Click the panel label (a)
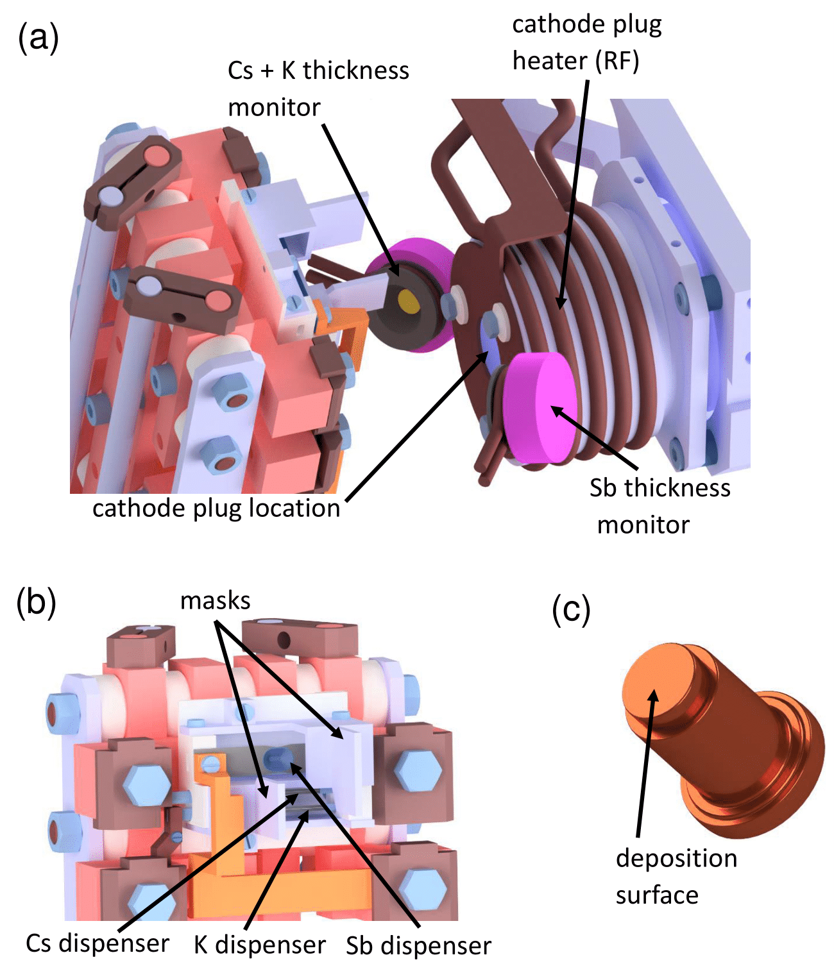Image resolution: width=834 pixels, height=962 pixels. [38, 38]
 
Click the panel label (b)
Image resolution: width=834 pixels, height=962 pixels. [37, 603]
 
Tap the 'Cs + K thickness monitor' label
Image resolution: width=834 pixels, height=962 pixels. [318, 89]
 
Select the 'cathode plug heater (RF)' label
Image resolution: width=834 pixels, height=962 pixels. [586, 43]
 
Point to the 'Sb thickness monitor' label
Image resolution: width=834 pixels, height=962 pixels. [659, 506]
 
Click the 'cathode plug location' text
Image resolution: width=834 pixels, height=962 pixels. [216, 508]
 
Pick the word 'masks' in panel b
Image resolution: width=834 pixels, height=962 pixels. [215, 601]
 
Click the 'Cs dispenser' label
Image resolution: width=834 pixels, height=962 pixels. [98, 943]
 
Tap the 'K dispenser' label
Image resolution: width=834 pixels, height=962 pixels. [260, 945]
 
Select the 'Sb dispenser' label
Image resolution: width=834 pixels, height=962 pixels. [418, 945]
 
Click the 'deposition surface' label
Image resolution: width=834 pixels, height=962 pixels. [676, 876]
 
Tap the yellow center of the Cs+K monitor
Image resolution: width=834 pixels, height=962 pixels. [407, 300]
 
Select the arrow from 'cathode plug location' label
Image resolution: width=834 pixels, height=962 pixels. [417, 426]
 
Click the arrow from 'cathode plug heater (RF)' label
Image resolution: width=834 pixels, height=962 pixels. [574, 192]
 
